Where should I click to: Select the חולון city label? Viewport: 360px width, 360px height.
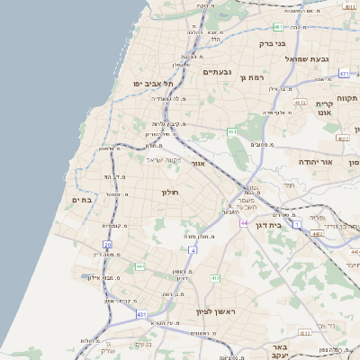(170, 193)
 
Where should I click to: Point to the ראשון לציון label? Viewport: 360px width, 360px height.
(214, 311)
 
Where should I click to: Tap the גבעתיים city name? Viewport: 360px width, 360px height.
(219, 72)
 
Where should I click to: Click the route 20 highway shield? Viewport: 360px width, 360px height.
(108, 245)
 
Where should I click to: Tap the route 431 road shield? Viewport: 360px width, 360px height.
(141, 314)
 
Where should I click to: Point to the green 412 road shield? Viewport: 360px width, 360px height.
(215, 278)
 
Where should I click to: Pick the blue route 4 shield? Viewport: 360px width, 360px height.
(193, 249)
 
